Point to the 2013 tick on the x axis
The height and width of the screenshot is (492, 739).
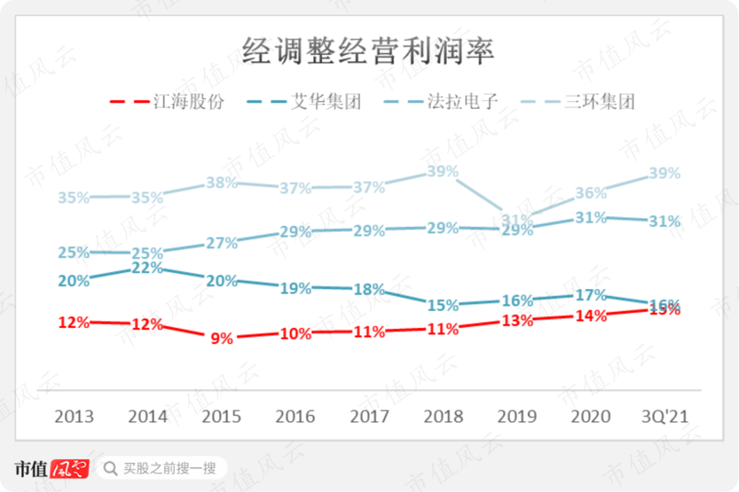pyautogui.click(x=74, y=416)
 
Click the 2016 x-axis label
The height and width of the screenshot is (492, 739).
pyautogui.click(x=296, y=416)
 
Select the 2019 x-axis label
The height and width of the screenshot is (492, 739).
pyautogui.click(x=517, y=416)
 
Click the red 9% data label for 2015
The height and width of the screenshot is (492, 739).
pyautogui.click(x=222, y=338)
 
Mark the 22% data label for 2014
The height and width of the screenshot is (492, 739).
pyautogui.click(x=148, y=268)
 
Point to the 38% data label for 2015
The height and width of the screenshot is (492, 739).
pyautogui.click(x=222, y=183)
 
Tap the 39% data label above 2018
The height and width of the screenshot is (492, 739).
pyautogui.click(x=443, y=171)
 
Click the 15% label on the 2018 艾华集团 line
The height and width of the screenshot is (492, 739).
pyautogui.click(x=443, y=306)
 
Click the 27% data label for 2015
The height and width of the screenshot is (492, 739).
pyautogui.click(x=222, y=243)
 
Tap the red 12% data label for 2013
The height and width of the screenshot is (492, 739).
pyautogui.click(x=74, y=321)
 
